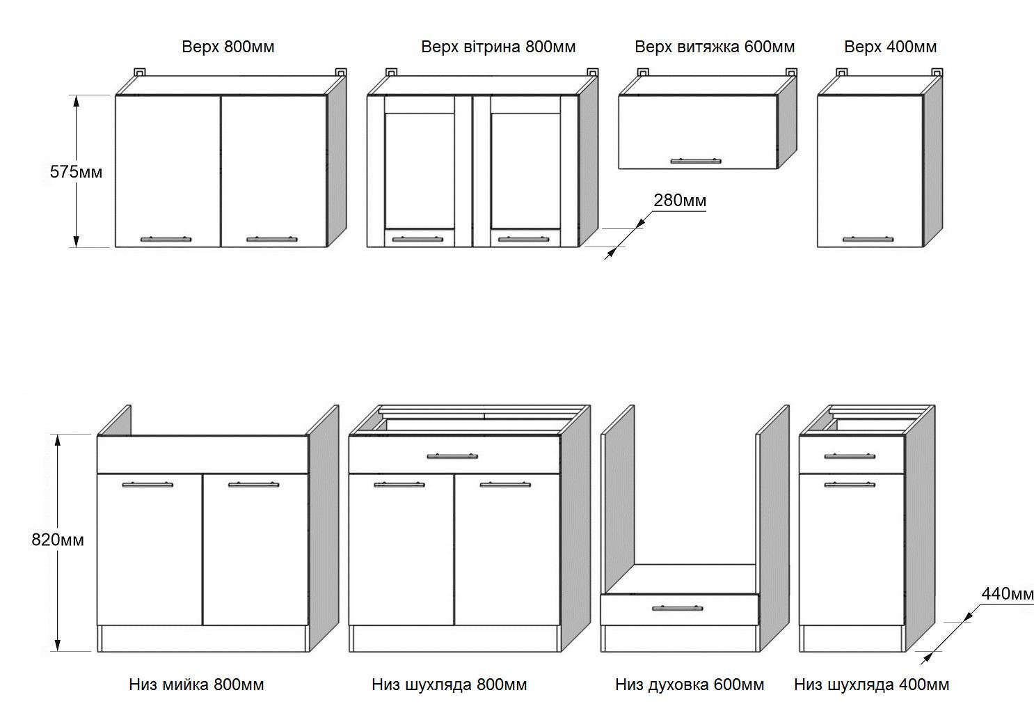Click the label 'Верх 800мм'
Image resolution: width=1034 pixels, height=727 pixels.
coord(228,47)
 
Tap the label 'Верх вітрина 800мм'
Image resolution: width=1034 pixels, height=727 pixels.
coord(498,47)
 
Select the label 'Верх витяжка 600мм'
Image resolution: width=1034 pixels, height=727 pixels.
coord(715,47)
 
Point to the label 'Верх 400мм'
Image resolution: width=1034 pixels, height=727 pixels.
coord(890,47)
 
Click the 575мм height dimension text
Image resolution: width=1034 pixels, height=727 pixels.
coord(76,171)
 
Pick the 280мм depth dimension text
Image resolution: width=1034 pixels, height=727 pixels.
coord(680,201)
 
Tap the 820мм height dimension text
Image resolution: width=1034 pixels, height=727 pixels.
coord(58,540)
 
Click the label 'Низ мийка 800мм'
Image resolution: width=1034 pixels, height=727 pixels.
coord(196,685)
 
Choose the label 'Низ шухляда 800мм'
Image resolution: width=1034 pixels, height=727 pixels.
coord(449,685)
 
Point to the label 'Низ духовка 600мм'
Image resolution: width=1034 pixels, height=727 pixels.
coord(689,685)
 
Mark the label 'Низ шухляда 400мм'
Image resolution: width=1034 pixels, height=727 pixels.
coord(871,685)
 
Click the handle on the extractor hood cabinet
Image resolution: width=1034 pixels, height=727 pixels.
coord(696,162)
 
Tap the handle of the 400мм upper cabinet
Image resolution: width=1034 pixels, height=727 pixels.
coord(868,240)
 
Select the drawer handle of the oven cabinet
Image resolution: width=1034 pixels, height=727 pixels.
coord(677,609)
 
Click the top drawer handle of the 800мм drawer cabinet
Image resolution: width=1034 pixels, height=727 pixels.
coord(452,457)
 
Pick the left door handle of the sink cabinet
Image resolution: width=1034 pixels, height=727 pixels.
coord(148,484)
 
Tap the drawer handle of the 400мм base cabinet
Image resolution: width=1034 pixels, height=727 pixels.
coord(850,457)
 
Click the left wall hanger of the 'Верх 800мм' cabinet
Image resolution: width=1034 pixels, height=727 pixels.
coord(140,72)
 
